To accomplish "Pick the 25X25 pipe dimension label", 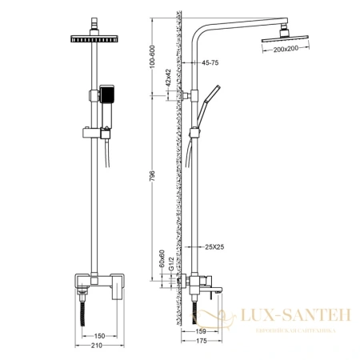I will click(214, 246).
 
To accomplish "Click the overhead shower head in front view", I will click(94, 39).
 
